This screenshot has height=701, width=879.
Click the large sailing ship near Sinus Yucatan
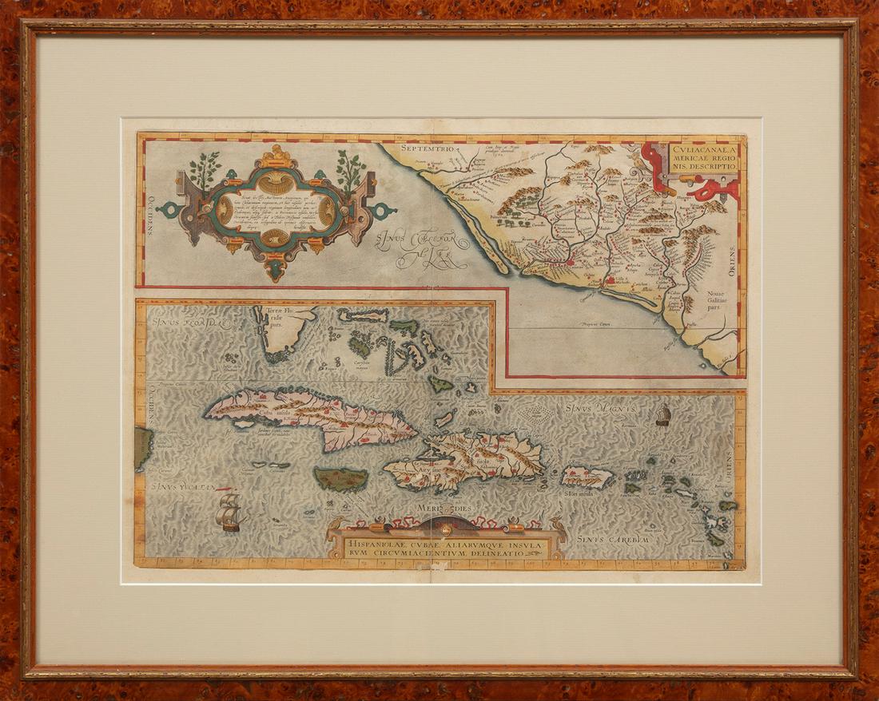pos(229,511)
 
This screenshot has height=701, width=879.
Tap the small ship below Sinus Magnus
pos(662,414)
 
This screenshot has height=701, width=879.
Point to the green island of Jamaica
pos(341,479)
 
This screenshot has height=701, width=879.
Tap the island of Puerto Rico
pos(587,477)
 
